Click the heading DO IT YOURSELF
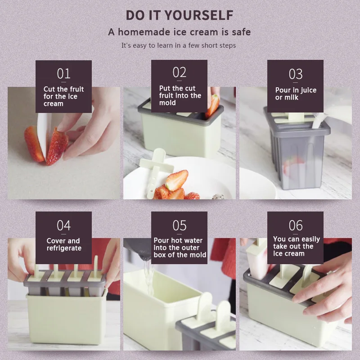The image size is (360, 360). (x=180, y=15)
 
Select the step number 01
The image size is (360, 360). (x=63, y=74)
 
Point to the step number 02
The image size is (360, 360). (x=179, y=72)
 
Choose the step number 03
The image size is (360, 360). (x=296, y=74)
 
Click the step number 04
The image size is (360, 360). (x=63, y=225)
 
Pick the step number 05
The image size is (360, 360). (x=179, y=225)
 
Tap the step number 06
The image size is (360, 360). (x=296, y=225)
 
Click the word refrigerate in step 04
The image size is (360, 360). (x=64, y=248)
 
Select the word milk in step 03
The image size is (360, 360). (x=291, y=97)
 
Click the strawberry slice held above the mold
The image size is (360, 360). (x=212, y=106)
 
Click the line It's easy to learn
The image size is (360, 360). (x=178, y=45)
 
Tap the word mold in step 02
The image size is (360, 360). (x=167, y=103)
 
